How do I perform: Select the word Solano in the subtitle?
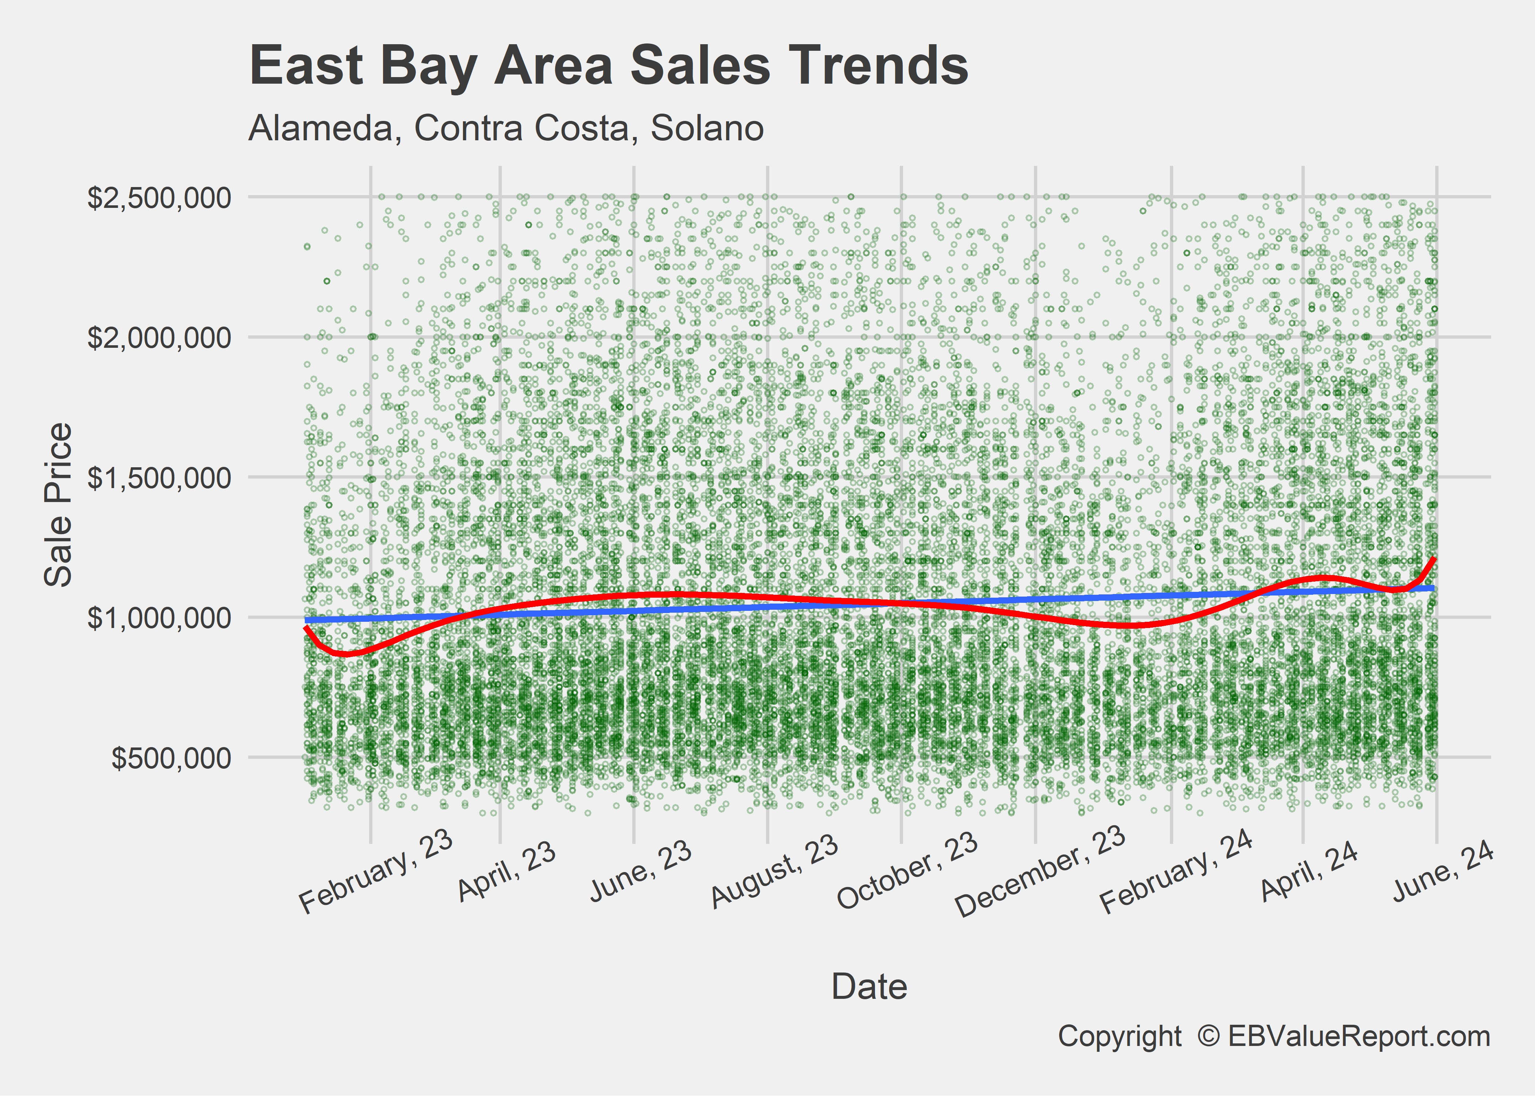(x=707, y=128)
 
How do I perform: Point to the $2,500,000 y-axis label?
(x=159, y=198)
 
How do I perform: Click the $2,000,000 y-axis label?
(x=159, y=338)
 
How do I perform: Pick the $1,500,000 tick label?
(x=159, y=478)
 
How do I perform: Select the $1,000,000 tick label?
(x=159, y=617)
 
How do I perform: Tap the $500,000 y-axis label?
(x=171, y=758)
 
